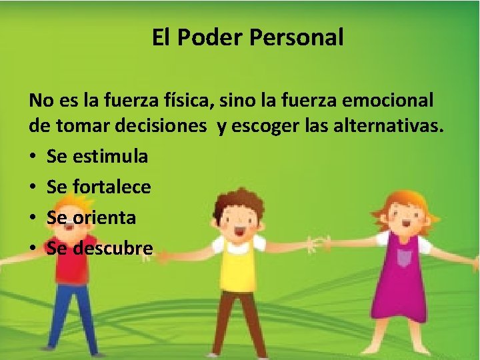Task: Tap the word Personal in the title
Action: click(297, 37)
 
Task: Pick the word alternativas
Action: click(384, 127)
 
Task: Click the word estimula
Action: click(112, 157)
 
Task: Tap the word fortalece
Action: click(113, 187)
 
